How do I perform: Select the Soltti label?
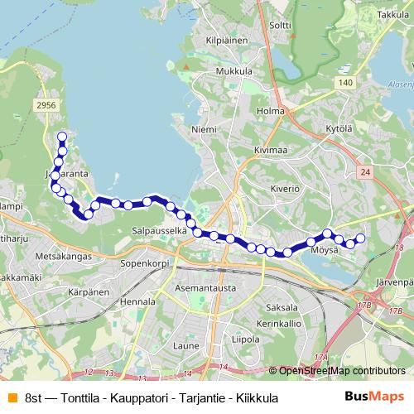tap(281, 26)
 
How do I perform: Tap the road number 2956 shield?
tap(46, 104)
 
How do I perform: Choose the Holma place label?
tap(271, 111)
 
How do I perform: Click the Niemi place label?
tap(204, 130)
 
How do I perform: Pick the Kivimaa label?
tap(271, 150)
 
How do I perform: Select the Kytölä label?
tap(339, 130)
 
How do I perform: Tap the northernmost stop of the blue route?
tap(61, 137)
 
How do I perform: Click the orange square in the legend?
tap(10, 397)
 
